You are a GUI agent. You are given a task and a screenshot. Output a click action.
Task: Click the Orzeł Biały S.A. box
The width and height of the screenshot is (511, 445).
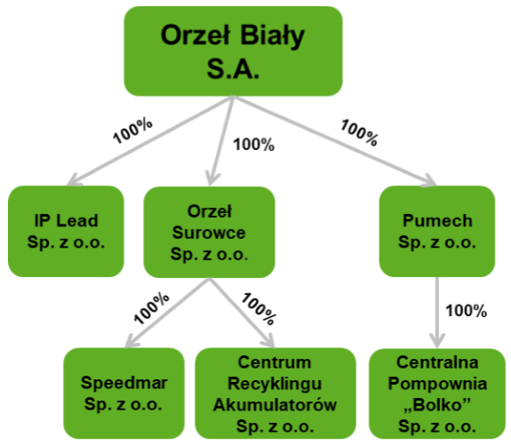click(233, 52)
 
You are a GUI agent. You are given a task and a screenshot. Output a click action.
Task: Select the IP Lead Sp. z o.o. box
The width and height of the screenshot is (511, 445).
click(66, 231)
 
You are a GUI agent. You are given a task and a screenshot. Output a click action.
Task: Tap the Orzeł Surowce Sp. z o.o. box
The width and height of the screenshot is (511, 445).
click(209, 233)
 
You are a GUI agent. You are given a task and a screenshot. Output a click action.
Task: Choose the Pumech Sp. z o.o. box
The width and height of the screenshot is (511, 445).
click(437, 231)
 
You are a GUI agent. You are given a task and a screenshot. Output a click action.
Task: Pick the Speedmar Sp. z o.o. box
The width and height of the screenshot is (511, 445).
click(124, 393)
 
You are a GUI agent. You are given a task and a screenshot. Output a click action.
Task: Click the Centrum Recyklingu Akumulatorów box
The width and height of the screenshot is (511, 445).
click(275, 393)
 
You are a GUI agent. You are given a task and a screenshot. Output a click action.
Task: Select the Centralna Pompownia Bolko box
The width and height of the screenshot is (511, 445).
click(437, 393)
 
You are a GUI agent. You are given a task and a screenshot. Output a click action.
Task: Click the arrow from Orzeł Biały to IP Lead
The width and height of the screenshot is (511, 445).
click(150, 140)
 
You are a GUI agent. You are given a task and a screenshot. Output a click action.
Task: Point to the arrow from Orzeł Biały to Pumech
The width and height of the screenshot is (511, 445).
click(335, 141)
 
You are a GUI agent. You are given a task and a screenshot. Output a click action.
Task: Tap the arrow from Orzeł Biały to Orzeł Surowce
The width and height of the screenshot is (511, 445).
click(221, 140)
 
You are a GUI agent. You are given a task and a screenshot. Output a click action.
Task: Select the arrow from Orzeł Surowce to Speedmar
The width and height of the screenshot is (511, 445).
click(167, 313)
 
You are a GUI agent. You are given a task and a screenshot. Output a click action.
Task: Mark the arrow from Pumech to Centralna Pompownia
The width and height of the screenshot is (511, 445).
click(437, 313)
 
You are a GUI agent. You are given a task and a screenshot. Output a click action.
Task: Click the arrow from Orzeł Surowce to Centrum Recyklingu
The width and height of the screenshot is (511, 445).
click(243, 313)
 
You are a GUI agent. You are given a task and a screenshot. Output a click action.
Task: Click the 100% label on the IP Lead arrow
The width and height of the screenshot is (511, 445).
click(132, 131)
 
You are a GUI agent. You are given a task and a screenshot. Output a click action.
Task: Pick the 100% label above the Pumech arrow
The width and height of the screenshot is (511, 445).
click(359, 132)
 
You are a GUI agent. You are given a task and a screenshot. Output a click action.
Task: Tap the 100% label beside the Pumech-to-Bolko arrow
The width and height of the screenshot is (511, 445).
click(466, 311)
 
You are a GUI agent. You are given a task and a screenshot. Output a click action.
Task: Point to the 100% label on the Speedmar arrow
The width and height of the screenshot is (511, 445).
click(152, 308)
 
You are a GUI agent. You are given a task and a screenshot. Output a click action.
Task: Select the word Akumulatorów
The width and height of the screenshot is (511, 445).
click(275, 405)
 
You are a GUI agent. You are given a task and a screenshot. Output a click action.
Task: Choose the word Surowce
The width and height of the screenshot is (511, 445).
click(209, 233)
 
